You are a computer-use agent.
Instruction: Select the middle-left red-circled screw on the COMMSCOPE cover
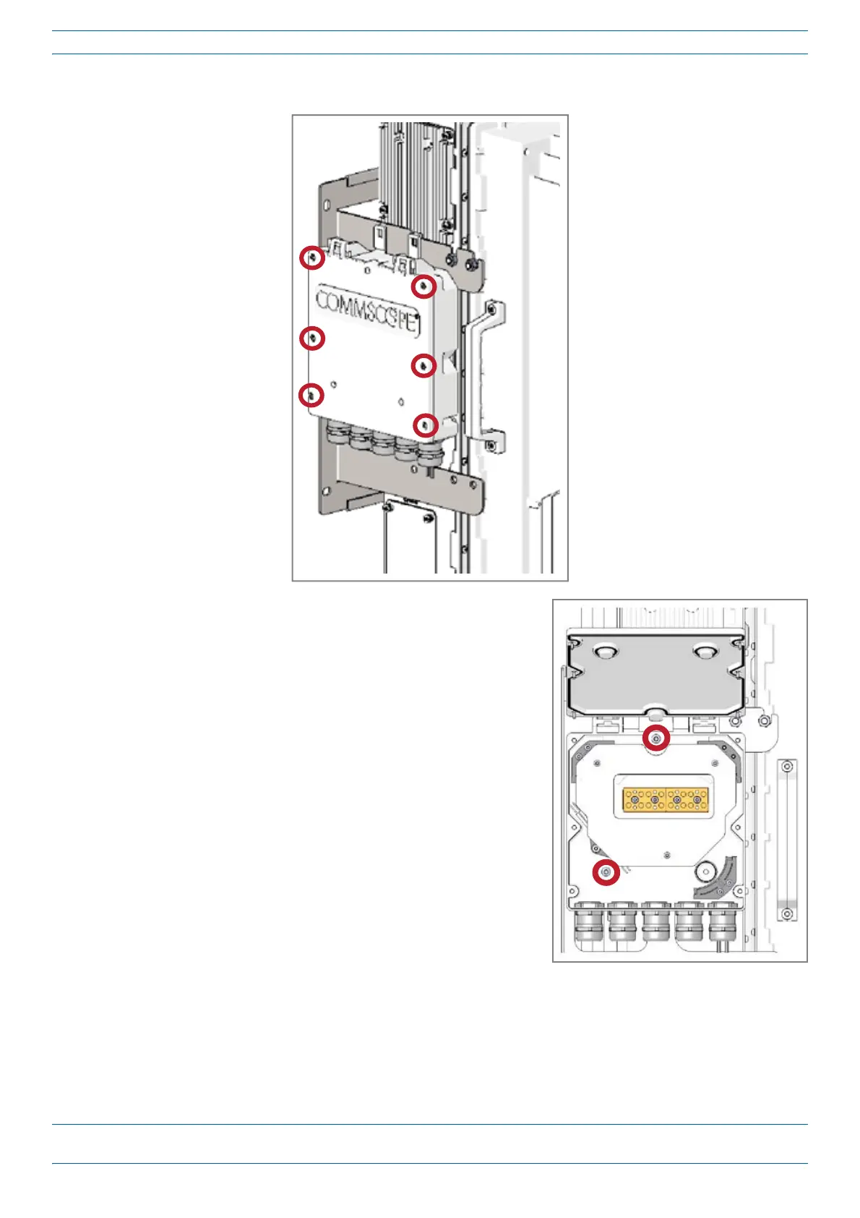(x=312, y=338)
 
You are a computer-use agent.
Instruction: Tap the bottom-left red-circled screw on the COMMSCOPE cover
(x=311, y=395)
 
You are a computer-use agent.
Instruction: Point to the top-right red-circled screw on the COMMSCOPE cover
(x=423, y=287)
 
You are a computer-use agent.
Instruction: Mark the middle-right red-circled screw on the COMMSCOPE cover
(x=423, y=366)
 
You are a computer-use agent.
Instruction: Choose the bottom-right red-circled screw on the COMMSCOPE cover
(x=426, y=425)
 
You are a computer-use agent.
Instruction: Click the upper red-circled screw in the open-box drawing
(x=656, y=738)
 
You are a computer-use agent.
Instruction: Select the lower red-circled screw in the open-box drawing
(x=606, y=873)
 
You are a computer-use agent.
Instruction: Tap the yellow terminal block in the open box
(x=665, y=799)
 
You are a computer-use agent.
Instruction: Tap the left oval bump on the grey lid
(x=606, y=652)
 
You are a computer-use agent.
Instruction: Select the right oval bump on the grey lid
(x=705, y=652)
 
